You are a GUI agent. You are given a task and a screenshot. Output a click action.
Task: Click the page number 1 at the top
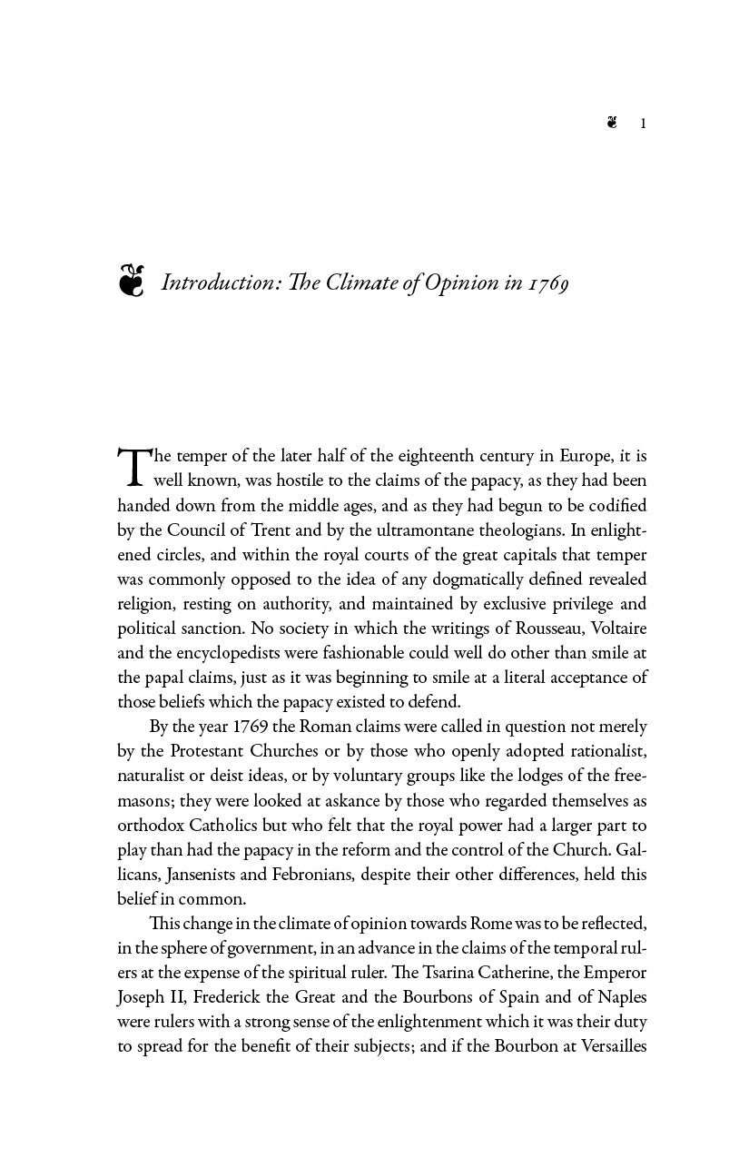[643, 124]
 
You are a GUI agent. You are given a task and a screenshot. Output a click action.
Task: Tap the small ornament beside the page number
[613, 123]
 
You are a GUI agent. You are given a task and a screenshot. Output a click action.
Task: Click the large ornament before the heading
[132, 281]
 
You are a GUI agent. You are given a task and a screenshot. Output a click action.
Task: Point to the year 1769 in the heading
[549, 283]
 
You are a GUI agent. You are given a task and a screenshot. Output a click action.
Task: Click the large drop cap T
[133, 467]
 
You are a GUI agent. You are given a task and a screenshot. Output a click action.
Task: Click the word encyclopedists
[220, 652]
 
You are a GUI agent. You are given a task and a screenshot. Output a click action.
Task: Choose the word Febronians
[314, 875]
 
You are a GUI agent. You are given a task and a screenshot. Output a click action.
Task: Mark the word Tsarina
[455, 972]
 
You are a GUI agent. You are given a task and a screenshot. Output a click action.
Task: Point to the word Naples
[621, 996]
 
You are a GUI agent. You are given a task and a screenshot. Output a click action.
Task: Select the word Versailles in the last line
[605, 1045]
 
